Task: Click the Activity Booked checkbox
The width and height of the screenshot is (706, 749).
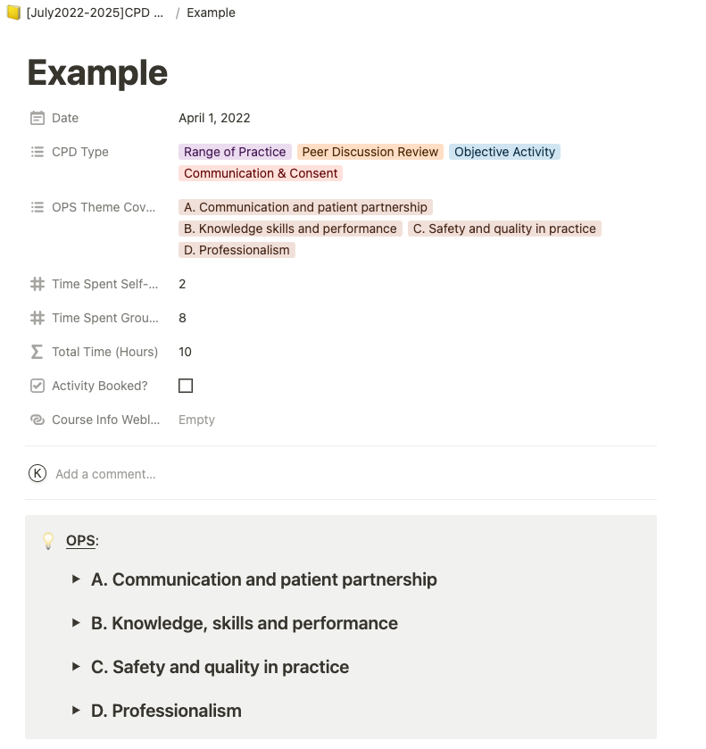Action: pos(186,386)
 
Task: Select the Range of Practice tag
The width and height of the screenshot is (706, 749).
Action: pos(235,152)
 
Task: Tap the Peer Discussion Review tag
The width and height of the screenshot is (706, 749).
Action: pos(370,152)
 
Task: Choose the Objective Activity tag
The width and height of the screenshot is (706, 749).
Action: pos(504,152)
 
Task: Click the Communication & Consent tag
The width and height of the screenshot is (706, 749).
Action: pos(261,173)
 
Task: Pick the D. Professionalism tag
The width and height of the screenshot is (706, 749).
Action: pos(237,250)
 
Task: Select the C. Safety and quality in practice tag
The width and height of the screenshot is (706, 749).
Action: pos(505,229)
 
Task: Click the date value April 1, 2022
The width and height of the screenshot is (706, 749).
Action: pos(214,118)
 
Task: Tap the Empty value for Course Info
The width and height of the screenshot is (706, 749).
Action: pos(196,420)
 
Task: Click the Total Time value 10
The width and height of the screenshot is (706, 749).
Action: pos(185,352)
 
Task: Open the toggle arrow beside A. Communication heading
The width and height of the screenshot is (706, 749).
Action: pos(77,579)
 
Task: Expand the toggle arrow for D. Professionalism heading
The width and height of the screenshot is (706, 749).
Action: pos(77,711)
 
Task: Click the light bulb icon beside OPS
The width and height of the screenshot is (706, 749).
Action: pos(49,541)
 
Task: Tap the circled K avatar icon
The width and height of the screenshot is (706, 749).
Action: pos(37,473)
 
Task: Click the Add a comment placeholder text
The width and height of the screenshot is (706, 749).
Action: pos(105,474)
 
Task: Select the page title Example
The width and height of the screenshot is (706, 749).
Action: pos(97,72)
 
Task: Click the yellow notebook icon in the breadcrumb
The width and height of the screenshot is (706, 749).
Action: pos(13,12)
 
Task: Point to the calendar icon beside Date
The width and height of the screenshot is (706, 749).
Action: pos(37,118)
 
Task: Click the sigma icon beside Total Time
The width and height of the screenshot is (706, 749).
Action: pos(37,352)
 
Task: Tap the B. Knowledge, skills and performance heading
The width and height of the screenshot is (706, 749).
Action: pos(245,623)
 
